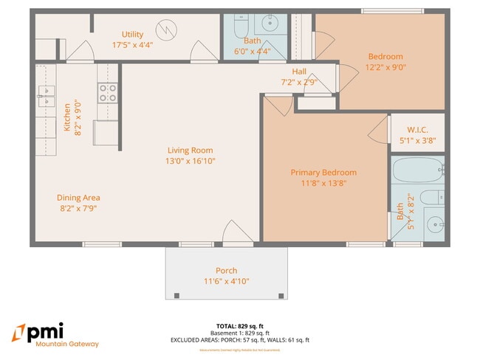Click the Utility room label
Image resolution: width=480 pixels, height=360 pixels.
click(x=133, y=35)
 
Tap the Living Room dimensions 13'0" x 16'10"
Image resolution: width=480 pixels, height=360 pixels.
click(x=190, y=161)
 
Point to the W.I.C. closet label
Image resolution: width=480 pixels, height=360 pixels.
click(x=418, y=128)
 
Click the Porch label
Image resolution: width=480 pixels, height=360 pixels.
click(x=226, y=271)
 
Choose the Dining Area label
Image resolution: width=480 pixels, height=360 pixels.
click(x=78, y=198)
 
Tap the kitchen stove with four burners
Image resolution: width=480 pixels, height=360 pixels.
click(x=108, y=92)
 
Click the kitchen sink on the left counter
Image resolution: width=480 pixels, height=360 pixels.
click(x=47, y=96)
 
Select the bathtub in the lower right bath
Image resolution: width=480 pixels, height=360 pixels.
click(x=417, y=170)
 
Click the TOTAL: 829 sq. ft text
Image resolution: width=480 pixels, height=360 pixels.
click(x=240, y=325)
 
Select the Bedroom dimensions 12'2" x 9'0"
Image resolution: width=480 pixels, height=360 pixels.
click(x=386, y=67)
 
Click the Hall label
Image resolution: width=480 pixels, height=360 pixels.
click(x=299, y=72)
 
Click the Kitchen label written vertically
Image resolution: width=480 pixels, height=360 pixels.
click(x=67, y=117)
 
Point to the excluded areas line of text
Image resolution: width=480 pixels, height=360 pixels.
click(x=240, y=340)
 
